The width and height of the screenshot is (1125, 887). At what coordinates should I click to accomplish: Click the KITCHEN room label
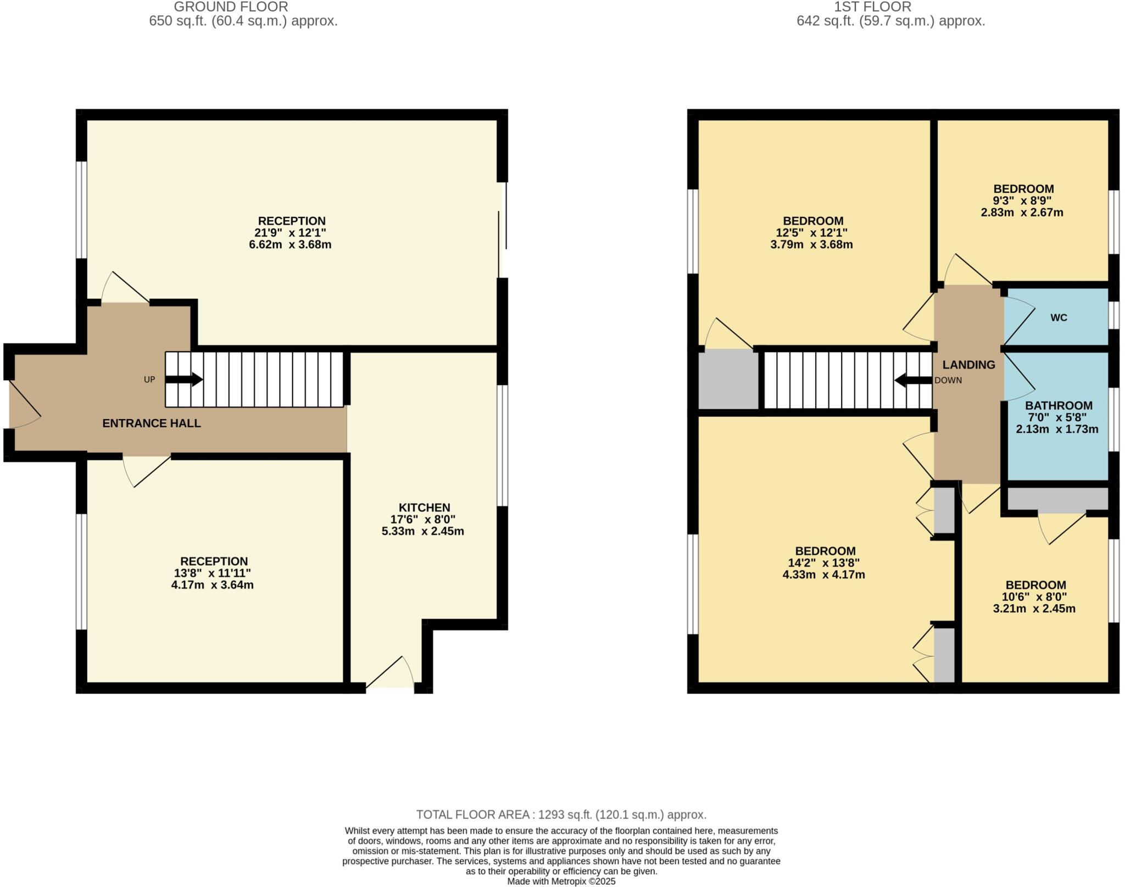pyautogui.click(x=424, y=507)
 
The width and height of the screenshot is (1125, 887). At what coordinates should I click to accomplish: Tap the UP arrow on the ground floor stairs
pyautogui.click(x=185, y=379)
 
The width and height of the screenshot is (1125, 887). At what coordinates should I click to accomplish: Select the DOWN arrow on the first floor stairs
pyautogui.click(x=913, y=380)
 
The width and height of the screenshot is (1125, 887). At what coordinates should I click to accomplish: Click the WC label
pyautogui.click(x=1059, y=317)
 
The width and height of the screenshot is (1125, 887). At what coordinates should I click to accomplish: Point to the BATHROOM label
pyautogui.click(x=1059, y=405)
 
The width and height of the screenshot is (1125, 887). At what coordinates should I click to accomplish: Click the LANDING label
pyautogui.click(x=968, y=365)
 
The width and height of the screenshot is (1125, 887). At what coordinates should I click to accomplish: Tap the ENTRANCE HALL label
pyautogui.click(x=152, y=423)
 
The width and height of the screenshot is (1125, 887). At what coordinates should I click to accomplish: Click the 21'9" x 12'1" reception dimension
pyautogui.click(x=292, y=233)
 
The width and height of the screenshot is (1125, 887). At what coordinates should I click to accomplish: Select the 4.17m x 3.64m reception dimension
pyautogui.click(x=212, y=585)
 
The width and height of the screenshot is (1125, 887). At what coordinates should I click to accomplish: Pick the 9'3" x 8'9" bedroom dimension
pyautogui.click(x=1022, y=200)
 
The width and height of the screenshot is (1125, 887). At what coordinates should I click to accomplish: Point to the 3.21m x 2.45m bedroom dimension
pyautogui.click(x=1034, y=609)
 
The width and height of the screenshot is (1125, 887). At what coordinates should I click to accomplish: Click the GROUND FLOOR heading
pyautogui.click(x=231, y=7)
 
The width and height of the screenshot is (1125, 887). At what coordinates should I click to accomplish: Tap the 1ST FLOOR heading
pyautogui.click(x=881, y=7)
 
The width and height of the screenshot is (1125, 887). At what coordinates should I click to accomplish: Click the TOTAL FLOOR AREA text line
pyautogui.click(x=561, y=815)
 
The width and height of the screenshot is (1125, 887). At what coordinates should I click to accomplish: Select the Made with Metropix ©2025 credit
pyautogui.click(x=561, y=882)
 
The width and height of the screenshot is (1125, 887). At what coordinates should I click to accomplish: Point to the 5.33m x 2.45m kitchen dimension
pyautogui.click(x=422, y=531)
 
